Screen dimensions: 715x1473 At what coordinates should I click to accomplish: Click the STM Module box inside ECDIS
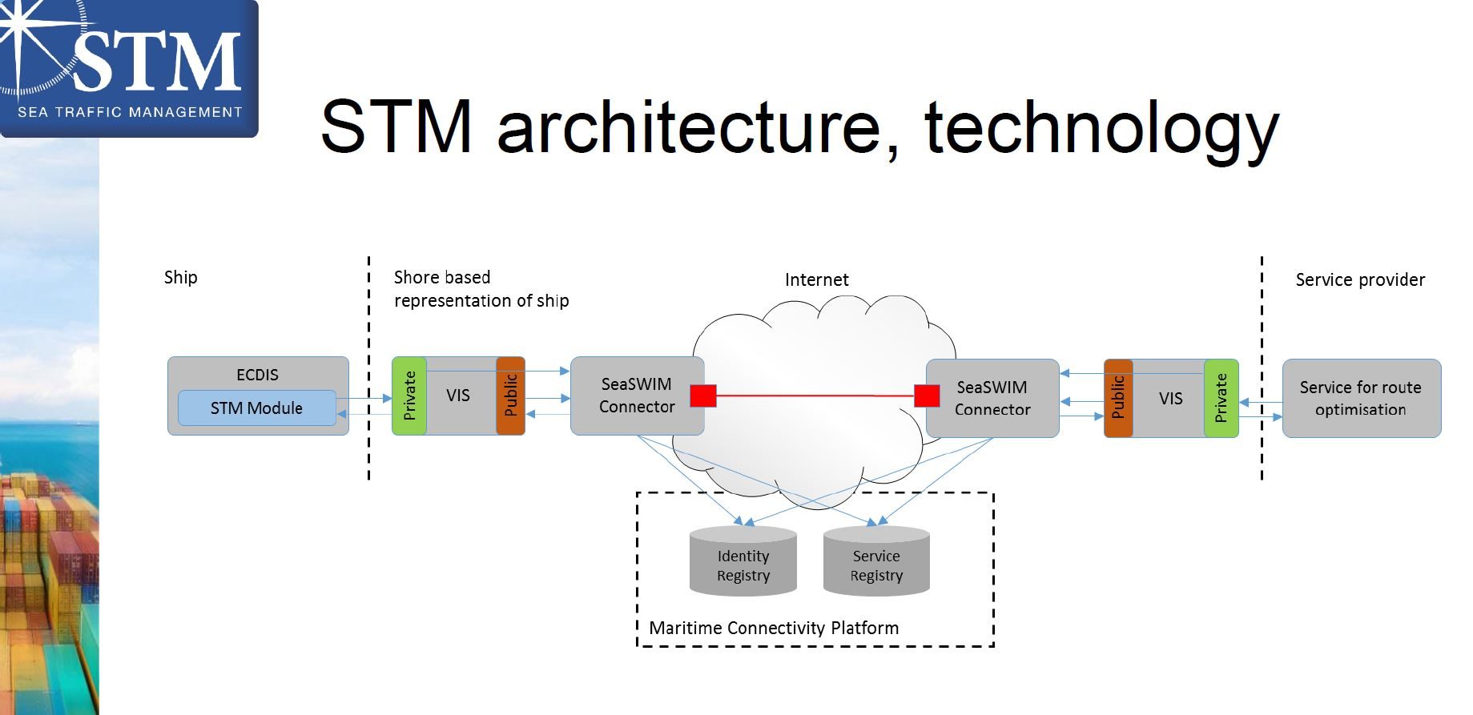coord(256,408)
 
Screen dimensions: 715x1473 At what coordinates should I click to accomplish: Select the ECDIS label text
coord(257,375)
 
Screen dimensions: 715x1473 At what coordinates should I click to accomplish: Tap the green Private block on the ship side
coord(409,396)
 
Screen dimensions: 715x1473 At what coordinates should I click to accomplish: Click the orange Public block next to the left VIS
coord(511,396)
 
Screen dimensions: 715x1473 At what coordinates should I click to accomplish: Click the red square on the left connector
coord(703,396)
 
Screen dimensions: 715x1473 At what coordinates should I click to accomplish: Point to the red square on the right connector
coord(927,396)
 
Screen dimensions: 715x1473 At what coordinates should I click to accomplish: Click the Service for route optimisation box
coord(1361,398)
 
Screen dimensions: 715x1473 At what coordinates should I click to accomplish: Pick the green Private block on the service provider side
coord(1221,398)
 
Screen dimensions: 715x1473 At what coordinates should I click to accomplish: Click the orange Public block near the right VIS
coord(1118,398)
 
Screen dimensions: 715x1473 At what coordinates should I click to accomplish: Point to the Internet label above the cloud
coord(816,279)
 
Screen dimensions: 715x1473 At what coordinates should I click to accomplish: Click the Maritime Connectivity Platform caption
coord(774,628)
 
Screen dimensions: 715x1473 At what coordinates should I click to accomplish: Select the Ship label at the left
coord(180,277)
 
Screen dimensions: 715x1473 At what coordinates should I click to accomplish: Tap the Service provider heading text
coord(1360,279)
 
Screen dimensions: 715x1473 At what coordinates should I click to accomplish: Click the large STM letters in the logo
coord(158,62)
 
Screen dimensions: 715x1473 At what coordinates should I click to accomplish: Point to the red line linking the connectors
coord(815,396)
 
